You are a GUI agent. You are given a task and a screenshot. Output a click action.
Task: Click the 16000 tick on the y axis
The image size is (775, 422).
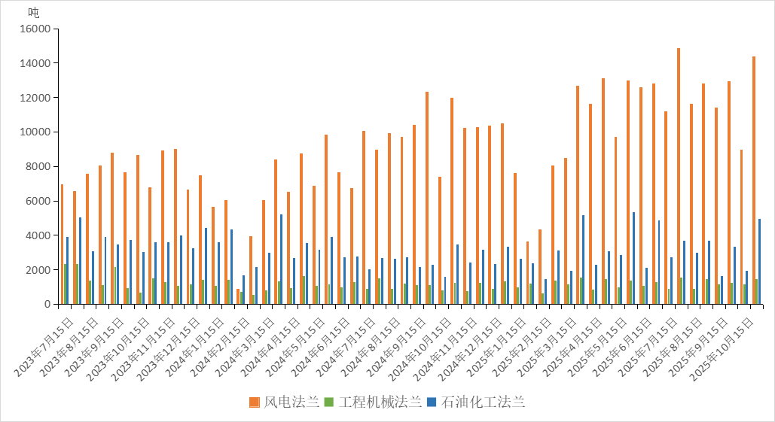tap(36, 29)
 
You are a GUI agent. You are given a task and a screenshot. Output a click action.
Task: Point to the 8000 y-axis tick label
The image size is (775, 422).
tap(39, 166)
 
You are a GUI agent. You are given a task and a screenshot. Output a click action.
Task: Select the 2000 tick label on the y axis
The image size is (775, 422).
tap(39, 270)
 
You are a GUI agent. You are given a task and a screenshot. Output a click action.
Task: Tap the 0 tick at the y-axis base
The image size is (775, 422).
tap(47, 304)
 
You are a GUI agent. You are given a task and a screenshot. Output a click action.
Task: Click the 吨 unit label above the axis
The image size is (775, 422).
tap(34, 12)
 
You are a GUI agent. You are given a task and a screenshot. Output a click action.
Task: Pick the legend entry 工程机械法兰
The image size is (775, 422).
tap(380, 402)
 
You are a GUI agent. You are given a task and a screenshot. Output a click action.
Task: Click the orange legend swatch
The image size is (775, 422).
tap(255, 402)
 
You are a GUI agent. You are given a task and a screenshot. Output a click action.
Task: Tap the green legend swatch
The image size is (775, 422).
tap(328, 402)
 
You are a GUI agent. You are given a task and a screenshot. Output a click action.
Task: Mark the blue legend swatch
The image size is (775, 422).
tap(431, 402)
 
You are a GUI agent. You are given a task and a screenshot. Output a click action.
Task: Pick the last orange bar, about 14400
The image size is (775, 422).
tap(754, 181)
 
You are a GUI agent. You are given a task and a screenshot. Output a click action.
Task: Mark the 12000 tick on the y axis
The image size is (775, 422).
tap(36, 98)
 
